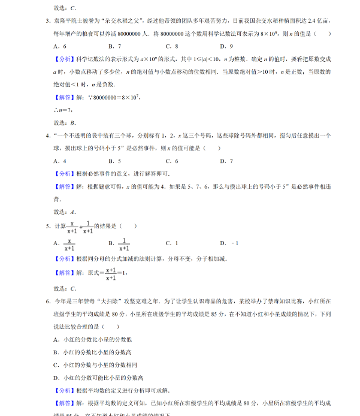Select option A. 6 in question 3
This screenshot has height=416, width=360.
(59, 46)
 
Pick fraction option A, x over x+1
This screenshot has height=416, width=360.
(65, 244)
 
